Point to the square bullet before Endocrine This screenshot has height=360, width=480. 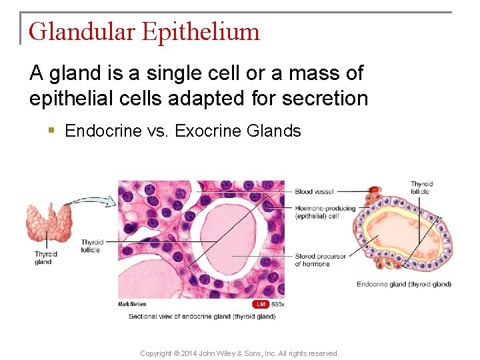pos(51,131)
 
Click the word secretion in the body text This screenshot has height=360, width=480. pos(325,99)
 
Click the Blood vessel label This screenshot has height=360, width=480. pos(313,191)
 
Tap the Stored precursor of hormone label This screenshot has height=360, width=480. pos(320,259)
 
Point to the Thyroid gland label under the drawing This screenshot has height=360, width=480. pos(46,257)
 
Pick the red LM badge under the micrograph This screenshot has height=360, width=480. pos(261,304)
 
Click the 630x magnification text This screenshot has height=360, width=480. pos(277,304)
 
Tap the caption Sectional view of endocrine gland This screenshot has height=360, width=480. pos(202,316)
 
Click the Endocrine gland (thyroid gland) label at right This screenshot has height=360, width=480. pos(403,284)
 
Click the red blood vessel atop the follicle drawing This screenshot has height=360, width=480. pos(375,191)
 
